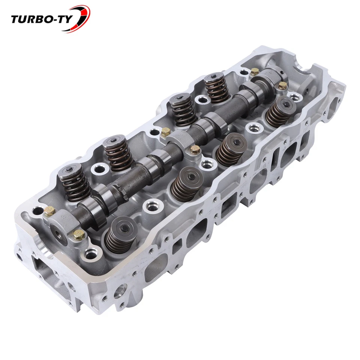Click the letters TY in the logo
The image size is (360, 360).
click(x=67, y=19)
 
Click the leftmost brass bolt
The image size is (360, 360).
click(x=49, y=211)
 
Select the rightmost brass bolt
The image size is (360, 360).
click(x=282, y=86)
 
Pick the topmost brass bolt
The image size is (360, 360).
click(x=255, y=71)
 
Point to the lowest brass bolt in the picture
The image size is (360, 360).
click(x=78, y=235)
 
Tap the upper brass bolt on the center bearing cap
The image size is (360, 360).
click(x=166, y=132)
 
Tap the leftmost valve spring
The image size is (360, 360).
click(x=75, y=182)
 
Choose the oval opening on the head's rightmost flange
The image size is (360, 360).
click(x=333, y=105)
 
